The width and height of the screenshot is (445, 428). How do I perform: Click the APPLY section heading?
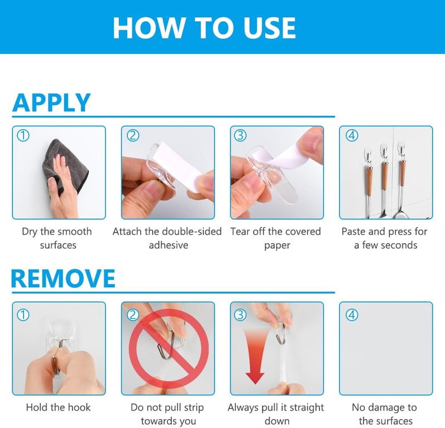click(x=51, y=103)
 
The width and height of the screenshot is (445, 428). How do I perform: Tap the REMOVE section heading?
click(x=63, y=279)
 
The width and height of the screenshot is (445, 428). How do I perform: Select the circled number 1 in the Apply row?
click(x=23, y=135)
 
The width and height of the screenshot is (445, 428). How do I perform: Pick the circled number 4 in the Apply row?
click(x=352, y=135)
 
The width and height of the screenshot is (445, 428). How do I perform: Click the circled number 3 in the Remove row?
click(x=240, y=314)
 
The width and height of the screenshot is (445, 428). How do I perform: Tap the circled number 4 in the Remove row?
click(x=352, y=314)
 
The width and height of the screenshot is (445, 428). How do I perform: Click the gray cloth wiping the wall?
click(x=67, y=162)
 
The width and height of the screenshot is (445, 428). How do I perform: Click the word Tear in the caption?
click(x=240, y=232)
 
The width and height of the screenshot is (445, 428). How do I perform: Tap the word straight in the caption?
click(x=307, y=407)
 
